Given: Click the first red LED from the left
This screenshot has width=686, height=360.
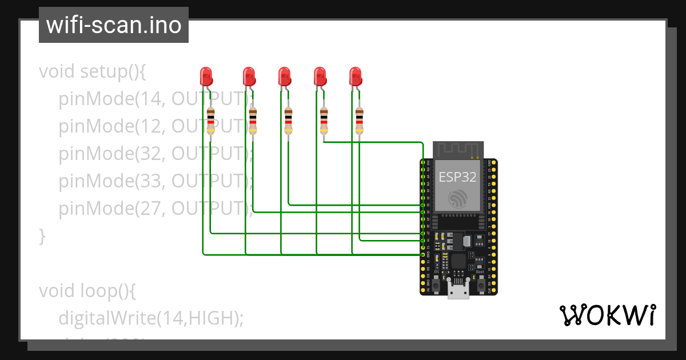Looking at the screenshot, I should [206, 75].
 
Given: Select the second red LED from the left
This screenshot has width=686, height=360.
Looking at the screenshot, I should [249, 75].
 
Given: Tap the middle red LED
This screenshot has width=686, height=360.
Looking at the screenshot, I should [284, 75].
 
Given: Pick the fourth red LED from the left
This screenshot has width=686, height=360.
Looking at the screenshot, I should [320, 75].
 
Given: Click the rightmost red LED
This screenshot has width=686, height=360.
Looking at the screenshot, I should [356, 75].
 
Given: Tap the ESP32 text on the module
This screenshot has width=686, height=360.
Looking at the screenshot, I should [457, 177].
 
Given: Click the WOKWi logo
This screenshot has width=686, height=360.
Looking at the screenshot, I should [607, 315].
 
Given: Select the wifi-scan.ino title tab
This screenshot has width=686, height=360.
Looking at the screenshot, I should [113, 26].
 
